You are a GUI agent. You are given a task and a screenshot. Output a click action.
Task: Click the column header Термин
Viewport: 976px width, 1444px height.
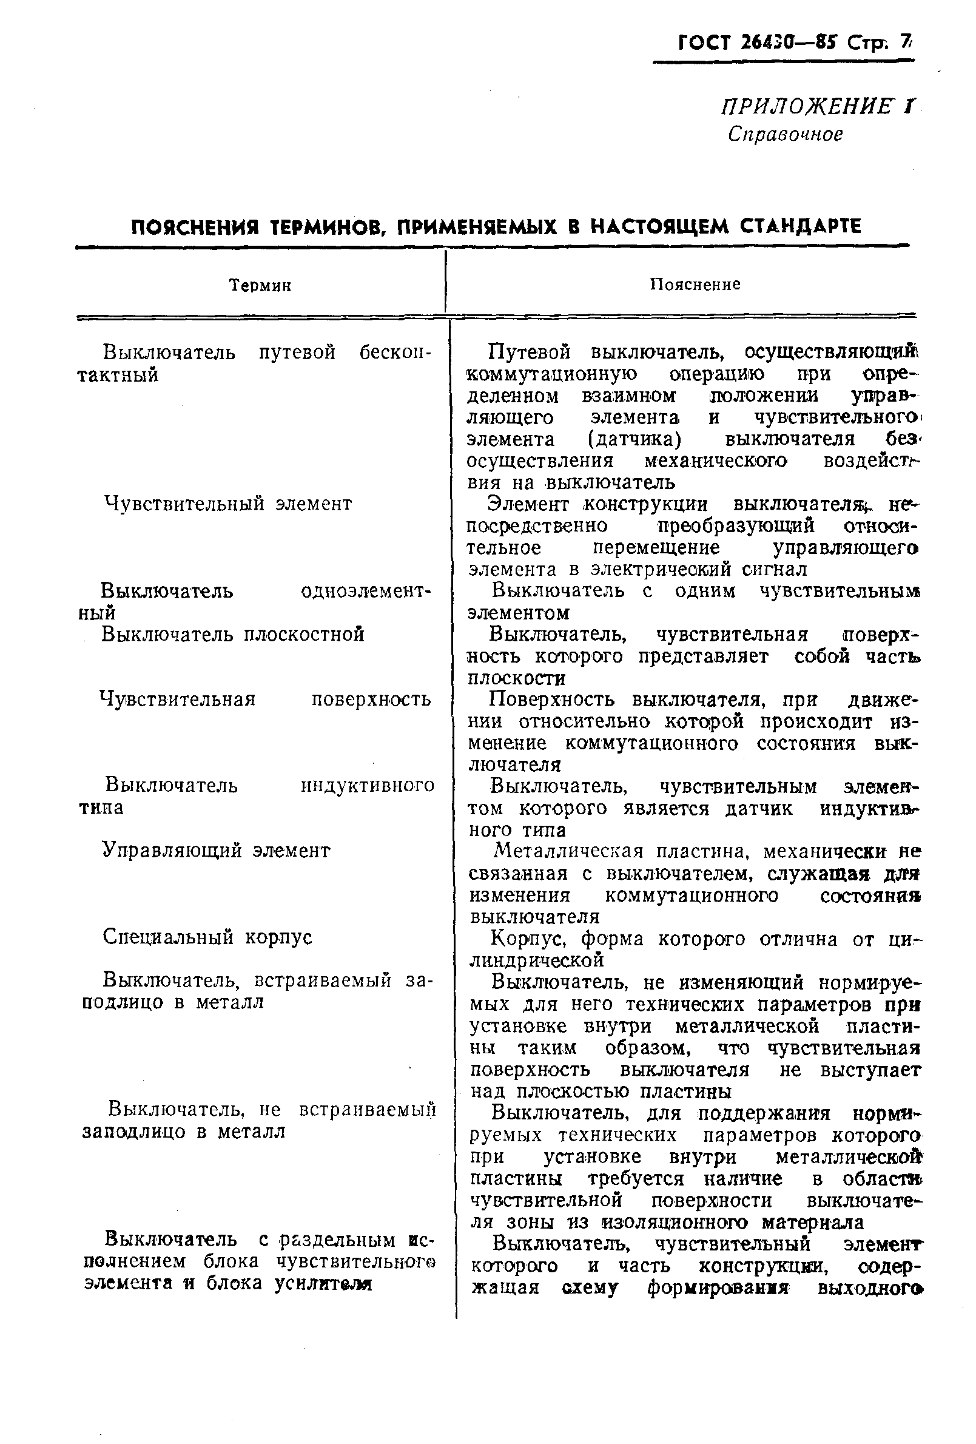pyautogui.click(x=260, y=285)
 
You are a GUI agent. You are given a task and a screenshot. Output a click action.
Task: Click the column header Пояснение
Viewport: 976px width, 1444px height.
pyautogui.click(x=695, y=285)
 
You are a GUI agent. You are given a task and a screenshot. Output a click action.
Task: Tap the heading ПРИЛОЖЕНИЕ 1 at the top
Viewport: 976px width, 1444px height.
pyautogui.click(x=817, y=107)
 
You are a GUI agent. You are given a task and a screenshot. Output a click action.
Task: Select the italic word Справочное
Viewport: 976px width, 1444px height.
pyautogui.click(x=786, y=134)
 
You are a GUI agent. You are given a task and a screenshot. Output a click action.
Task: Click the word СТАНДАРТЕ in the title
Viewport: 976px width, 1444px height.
pyautogui.click(x=801, y=226)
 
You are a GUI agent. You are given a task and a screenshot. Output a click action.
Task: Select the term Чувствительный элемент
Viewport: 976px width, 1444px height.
pyautogui.click(x=227, y=504)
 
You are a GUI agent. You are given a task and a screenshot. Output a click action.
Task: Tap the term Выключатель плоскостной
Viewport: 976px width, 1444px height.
pyautogui.click(x=232, y=635)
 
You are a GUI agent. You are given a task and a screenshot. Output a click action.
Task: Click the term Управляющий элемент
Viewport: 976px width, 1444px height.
pyautogui.click(x=215, y=850)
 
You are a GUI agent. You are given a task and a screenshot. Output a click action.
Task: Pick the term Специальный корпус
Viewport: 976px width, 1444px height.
pyautogui.click(x=207, y=937)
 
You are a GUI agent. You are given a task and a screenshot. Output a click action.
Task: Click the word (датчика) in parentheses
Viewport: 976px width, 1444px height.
pyautogui.click(x=634, y=439)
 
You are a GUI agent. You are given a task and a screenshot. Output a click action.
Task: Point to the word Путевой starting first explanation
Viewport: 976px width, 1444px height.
pyautogui.click(x=529, y=353)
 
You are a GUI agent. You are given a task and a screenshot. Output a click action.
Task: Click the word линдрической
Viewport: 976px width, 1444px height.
pyautogui.click(x=537, y=960)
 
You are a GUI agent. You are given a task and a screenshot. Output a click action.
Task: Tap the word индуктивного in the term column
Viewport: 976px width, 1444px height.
pyautogui.click(x=367, y=785)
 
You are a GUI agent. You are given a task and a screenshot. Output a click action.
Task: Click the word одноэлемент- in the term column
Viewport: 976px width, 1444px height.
pyautogui.click(x=365, y=591)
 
